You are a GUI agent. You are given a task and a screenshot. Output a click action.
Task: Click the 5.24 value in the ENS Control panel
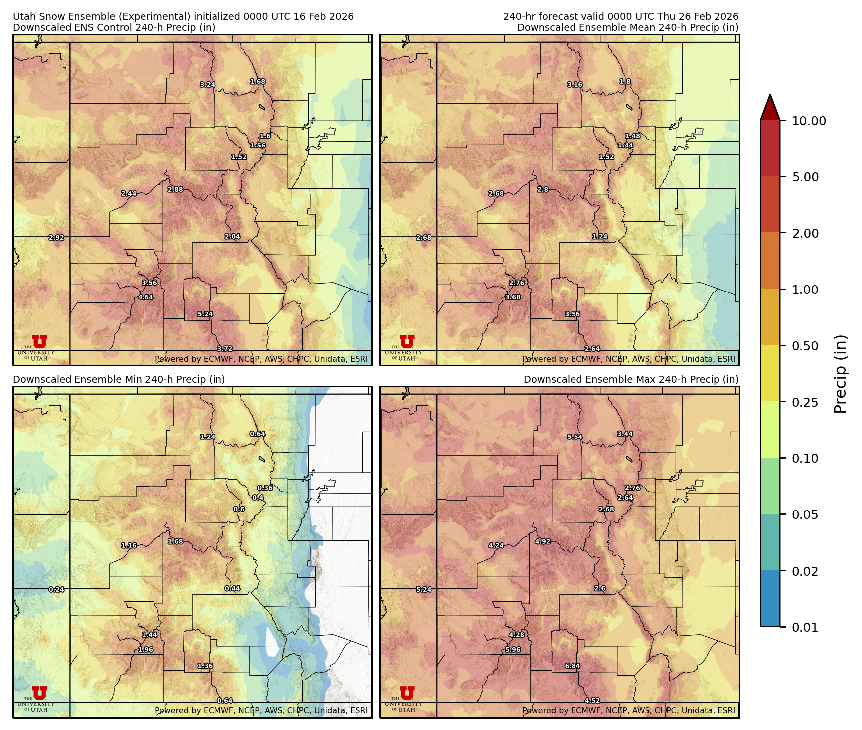(x=205, y=314)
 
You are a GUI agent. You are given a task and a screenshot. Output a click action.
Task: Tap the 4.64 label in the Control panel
(x=145, y=297)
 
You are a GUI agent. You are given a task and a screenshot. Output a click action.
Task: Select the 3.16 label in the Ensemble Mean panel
(x=575, y=85)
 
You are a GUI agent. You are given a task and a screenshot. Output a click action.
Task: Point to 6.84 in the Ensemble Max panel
(x=572, y=666)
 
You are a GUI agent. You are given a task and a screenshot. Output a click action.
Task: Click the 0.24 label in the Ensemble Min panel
(x=56, y=589)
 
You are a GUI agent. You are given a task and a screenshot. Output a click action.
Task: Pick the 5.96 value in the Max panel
(x=513, y=649)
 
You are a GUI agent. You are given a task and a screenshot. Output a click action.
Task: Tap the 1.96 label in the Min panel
(x=145, y=649)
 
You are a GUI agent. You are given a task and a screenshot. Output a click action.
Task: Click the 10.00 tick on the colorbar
(x=808, y=121)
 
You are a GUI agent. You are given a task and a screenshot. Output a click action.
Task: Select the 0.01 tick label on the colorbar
(x=805, y=627)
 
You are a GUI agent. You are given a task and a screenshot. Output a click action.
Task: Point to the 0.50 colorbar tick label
(x=805, y=346)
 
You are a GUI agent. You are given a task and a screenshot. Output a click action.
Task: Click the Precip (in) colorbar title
(x=840, y=373)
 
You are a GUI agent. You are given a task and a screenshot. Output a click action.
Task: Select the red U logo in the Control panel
(x=39, y=341)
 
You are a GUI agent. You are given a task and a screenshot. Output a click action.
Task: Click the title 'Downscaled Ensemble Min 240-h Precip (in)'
(x=119, y=379)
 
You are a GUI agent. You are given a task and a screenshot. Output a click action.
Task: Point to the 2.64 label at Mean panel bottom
(x=592, y=349)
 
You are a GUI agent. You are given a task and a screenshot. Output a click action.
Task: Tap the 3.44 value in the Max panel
(x=625, y=434)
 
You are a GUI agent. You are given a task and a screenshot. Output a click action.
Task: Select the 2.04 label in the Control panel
(x=232, y=236)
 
